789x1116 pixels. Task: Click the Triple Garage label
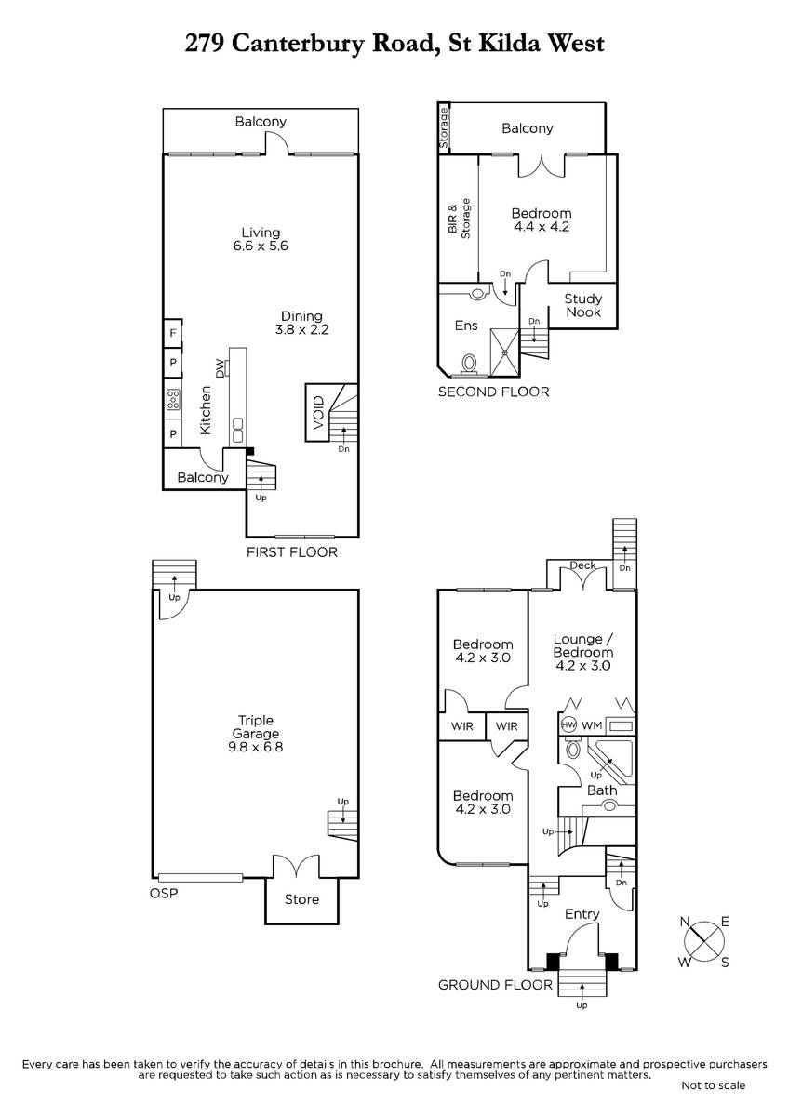256,727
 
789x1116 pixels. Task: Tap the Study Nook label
583,305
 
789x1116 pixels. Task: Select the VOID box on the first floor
317,412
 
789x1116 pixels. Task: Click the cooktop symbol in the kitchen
173,400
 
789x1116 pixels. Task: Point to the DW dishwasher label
220,368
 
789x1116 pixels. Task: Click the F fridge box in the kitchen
173,332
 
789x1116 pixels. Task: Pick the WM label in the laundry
592,726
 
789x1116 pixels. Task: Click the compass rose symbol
704,941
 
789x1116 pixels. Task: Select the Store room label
301,899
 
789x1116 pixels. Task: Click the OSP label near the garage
164,894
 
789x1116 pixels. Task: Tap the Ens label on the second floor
466,325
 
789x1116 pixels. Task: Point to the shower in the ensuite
505,352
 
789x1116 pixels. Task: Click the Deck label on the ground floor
582,565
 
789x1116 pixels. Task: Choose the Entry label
582,914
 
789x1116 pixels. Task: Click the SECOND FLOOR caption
493,392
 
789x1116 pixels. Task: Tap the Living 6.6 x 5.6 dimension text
261,246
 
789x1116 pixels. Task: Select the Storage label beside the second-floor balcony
444,128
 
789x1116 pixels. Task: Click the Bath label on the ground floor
602,790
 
